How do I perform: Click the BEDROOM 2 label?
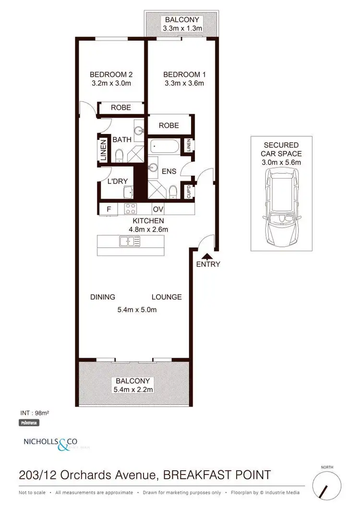click(111, 74)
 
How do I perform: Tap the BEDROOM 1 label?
click(184, 74)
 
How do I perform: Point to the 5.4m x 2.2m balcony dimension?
click(133, 389)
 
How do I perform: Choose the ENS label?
click(169, 171)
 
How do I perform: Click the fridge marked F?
click(109, 209)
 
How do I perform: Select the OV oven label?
click(158, 209)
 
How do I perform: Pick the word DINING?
click(103, 297)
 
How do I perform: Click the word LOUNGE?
click(167, 297)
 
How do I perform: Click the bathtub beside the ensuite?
click(164, 146)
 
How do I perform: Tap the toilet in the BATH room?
click(119, 155)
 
